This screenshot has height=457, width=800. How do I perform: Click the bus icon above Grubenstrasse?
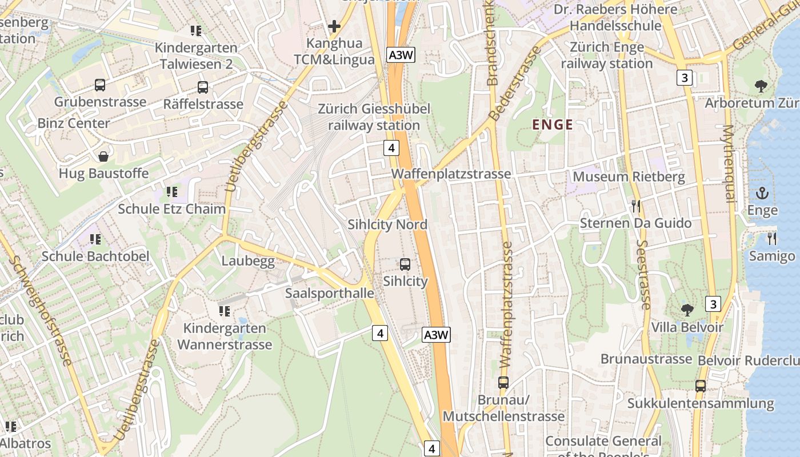pos(100,86)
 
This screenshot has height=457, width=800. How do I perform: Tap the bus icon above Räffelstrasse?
pos(203,87)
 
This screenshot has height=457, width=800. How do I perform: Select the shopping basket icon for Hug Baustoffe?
pos(103,157)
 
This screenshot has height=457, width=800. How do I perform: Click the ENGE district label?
pos(552,125)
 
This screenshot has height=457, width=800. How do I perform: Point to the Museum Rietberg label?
pos(629,177)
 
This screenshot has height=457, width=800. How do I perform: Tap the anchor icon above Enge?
pos(762,193)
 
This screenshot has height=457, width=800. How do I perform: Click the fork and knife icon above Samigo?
pos(771,238)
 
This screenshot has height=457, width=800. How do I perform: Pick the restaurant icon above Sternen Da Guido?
pos(635,206)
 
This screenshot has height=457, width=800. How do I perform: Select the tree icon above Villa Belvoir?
pos(687,310)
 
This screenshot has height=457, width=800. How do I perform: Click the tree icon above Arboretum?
pos(761,86)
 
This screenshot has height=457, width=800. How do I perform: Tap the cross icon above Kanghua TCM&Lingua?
pos(334,26)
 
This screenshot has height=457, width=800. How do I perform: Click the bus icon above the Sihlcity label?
pos(405,264)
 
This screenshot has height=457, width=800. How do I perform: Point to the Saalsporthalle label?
pos(330,294)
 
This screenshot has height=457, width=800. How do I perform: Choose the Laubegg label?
pos(248,262)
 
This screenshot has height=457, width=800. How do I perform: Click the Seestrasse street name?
pos(643,274)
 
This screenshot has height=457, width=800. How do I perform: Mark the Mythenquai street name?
pos(728,163)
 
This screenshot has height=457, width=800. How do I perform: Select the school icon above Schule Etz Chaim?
pos(171,192)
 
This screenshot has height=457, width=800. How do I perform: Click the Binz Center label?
pos(73,123)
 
